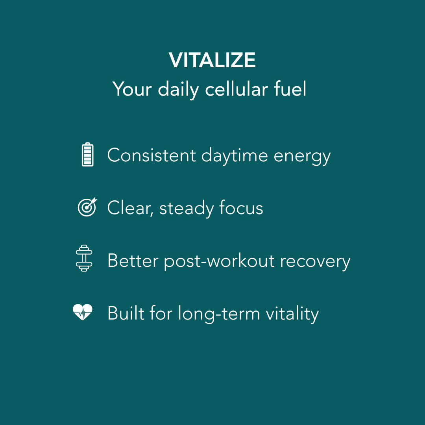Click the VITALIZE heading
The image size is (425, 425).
(x=213, y=61)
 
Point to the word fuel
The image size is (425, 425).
(x=290, y=89)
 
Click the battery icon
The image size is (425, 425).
(x=87, y=155)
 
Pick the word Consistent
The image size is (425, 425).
(x=152, y=155)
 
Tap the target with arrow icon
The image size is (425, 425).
(x=87, y=207)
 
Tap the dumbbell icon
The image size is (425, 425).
(x=84, y=258)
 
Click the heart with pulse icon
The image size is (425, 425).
(x=83, y=312)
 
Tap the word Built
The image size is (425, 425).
(x=124, y=313)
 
